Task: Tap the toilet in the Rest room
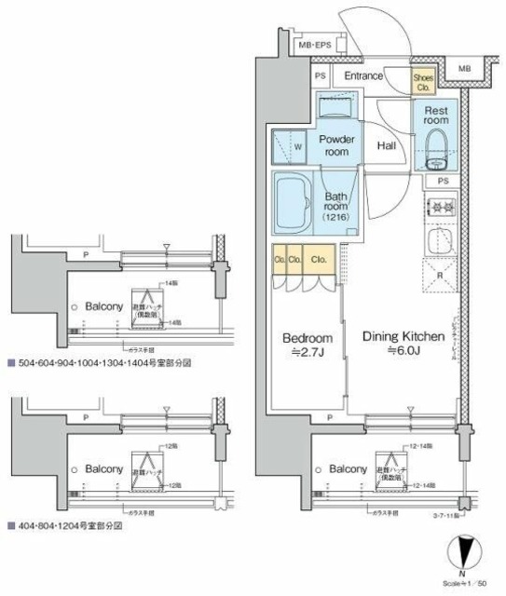(x=435, y=145)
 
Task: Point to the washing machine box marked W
(x=292, y=147)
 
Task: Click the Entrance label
(x=366, y=76)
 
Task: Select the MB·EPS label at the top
(x=315, y=45)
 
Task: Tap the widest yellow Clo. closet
(x=319, y=260)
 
